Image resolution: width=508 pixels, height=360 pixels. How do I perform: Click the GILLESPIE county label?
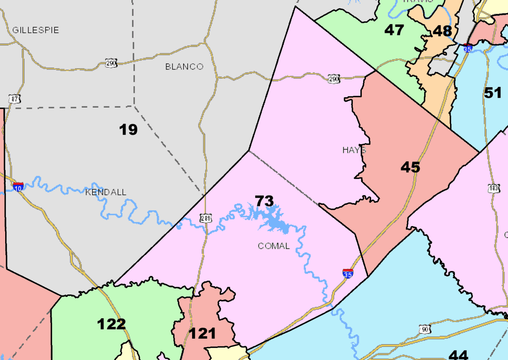[35, 30]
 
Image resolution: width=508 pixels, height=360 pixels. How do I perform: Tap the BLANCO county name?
[184, 67]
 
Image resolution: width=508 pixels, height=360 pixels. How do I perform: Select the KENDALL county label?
[106, 193]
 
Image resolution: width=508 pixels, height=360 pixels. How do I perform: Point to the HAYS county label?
[354, 150]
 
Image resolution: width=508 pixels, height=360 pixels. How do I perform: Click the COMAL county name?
[274, 246]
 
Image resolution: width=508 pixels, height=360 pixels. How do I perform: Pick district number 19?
[128, 129]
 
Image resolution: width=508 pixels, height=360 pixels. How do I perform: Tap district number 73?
[264, 201]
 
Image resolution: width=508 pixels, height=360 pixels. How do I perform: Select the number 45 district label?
[410, 167]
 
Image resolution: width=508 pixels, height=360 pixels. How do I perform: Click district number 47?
[394, 30]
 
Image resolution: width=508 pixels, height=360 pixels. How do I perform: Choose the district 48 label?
[442, 31]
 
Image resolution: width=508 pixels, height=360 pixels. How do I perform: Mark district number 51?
[493, 93]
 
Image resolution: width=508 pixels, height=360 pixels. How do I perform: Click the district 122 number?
[112, 324]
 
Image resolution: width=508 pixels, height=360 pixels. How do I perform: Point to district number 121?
[202, 333]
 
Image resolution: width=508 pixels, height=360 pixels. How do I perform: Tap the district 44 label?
[458, 354]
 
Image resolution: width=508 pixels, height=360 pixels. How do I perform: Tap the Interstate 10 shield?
[18, 186]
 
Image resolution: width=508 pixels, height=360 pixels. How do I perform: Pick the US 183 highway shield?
[493, 189]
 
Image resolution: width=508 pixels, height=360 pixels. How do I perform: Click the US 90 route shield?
[425, 329]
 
